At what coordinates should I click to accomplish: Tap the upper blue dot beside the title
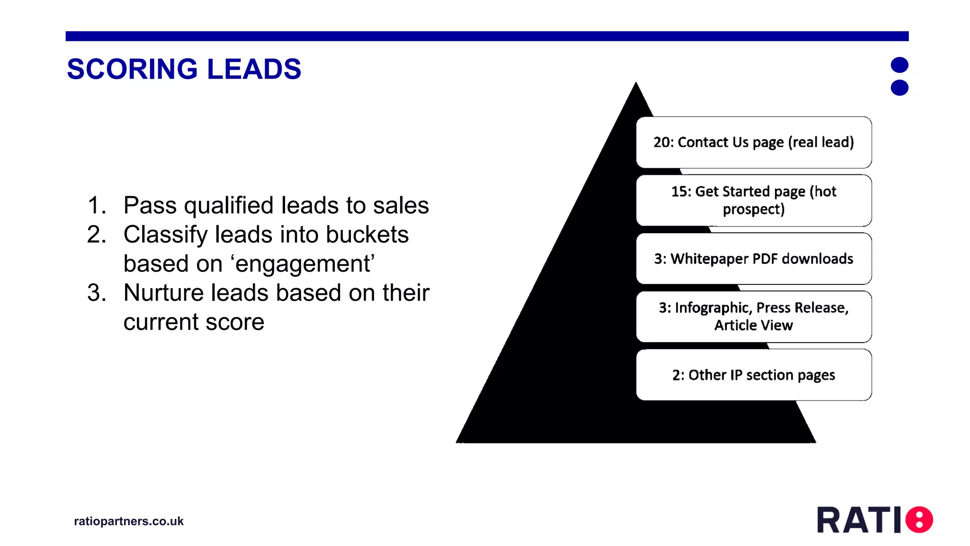[899, 65]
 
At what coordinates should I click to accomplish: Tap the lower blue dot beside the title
[899, 88]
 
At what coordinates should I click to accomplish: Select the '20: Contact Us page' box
[754, 142]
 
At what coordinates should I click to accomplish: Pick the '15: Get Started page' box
[754, 200]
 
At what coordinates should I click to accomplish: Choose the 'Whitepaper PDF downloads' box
[754, 259]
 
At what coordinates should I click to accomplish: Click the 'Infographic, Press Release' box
[754, 317]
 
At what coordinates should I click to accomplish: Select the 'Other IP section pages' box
[754, 375]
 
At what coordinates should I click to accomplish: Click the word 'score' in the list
[234, 322]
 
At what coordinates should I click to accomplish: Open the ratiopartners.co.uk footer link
[129, 521]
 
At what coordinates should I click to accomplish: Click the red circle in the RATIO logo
[919, 519]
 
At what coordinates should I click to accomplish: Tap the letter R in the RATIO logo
[829, 520]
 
